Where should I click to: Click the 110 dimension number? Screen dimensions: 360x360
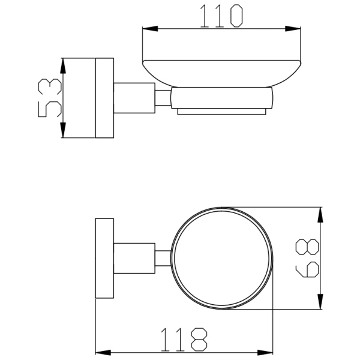click(x=221, y=16)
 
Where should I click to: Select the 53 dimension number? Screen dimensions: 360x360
click(x=50, y=98)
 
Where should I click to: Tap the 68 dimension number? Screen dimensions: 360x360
click(x=307, y=258)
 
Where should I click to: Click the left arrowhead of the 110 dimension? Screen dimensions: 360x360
click(x=150, y=29)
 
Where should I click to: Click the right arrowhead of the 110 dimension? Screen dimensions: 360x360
click(x=293, y=29)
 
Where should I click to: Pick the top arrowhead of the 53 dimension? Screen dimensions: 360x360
click(x=63, y=66)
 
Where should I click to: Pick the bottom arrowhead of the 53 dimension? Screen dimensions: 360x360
click(x=63, y=130)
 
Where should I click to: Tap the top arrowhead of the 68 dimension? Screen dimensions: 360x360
click(x=320, y=215)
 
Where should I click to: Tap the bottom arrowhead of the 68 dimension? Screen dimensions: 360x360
click(x=320, y=301)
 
